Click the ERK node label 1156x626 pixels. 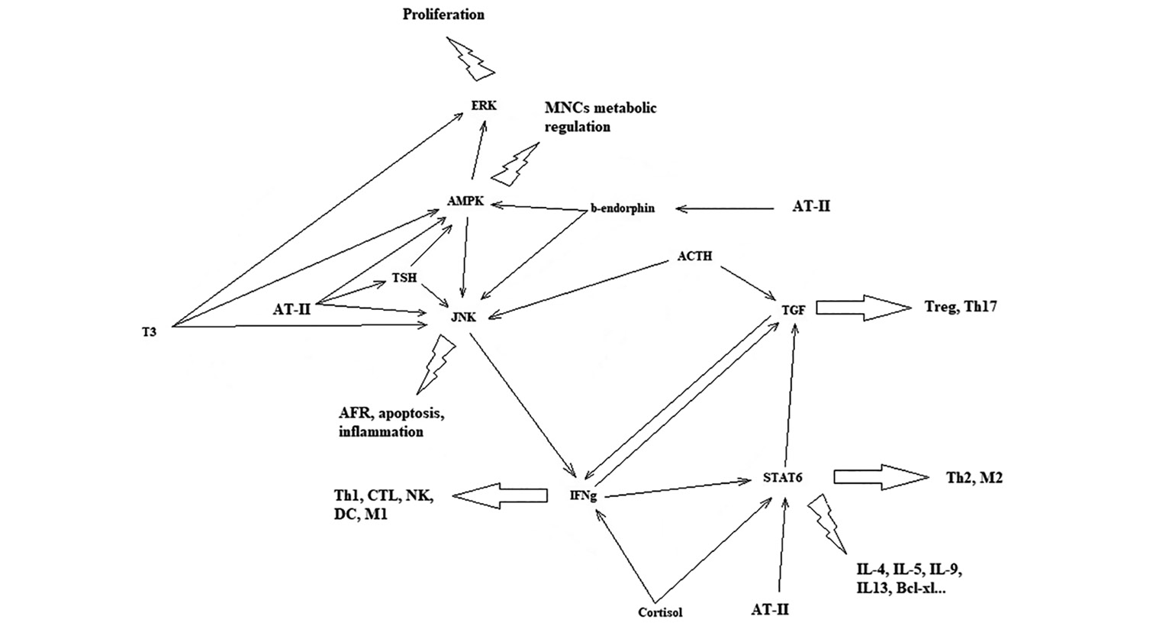tap(484, 105)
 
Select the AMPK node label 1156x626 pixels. tap(465, 201)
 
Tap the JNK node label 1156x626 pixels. tap(463, 317)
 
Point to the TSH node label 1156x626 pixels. tap(404, 278)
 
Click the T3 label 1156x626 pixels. tap(149, 332)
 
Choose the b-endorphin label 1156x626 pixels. tap(622, 208)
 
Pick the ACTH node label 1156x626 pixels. tap(694, 257)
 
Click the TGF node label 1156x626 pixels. tap(794, 309)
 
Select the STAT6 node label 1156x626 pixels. tap(782, 478)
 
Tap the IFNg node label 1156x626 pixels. tap(583, 495)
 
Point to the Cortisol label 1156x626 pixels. tap(660, 611)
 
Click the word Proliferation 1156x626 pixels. tap(443, 15)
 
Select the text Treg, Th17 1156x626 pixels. tap(961, 307)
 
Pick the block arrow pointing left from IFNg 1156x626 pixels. tap(501, 495)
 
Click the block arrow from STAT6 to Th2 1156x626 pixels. tap(881, 476)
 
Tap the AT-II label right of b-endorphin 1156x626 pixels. tap(811, 206)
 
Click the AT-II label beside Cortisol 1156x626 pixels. tap(770, 610)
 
